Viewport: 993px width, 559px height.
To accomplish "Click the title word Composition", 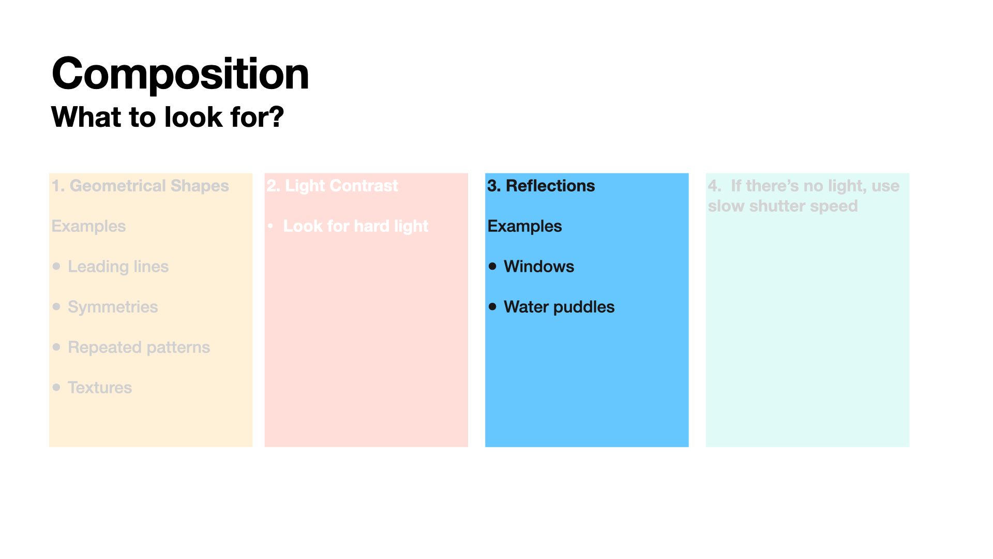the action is (x=180, y=74).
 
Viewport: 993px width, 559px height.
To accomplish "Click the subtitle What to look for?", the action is (x=168, y=117).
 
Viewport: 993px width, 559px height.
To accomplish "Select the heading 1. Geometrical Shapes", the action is (x=140, y=186).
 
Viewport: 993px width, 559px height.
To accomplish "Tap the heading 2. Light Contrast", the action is (x=333, y=186).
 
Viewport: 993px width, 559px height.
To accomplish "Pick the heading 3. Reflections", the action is (x=541, y=186).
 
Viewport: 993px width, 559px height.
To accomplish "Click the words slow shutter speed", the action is (x=783, y=206).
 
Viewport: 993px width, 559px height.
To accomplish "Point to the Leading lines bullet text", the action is (x=118, y=267).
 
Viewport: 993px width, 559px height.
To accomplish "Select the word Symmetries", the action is (x=113, y=307).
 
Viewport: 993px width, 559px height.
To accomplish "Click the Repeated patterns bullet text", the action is (x=139, y=347).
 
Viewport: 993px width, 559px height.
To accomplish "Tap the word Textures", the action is (x=100, y=388).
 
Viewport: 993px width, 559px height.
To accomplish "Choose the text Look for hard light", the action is (x=356, y=226).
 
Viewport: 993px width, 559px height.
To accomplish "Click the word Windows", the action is (x=539, y=267).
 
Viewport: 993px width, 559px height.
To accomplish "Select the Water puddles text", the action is (x=559, y=307).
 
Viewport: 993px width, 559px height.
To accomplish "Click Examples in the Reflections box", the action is (x=524, y=226).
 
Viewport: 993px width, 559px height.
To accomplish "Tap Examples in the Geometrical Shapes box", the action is (x=88, y=226).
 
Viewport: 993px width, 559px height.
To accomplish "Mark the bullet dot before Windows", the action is (x=492, y=266).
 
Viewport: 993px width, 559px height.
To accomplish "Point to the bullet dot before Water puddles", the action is (x=492, y=306).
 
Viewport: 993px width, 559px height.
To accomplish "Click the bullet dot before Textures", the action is (x=56, y=387).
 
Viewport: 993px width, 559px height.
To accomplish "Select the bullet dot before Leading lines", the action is (x=56, y=266).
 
